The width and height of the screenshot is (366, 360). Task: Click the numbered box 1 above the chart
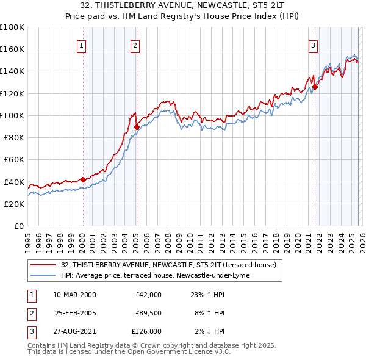(x=82, y=45)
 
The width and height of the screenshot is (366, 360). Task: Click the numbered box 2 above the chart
(x=135, y=45)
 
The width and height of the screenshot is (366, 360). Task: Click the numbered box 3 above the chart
(x=313, y=45)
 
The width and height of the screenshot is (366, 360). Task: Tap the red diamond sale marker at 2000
(x=83, y=180)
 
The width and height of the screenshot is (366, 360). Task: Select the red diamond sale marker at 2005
(x=137, y=127)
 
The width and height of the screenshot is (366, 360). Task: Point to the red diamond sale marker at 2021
(x=315, y=87)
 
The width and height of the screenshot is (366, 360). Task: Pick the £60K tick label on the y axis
(x=14, y=160)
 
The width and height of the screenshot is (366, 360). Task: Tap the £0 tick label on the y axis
(x=18, y=226)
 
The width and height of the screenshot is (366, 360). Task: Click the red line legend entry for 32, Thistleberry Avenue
(x=168, y=265)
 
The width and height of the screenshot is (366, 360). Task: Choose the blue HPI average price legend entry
(x=155, y=275)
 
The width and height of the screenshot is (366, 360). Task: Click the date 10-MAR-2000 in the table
(x=74, y=295)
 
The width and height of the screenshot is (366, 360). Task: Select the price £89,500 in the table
(x=148, y=313)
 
